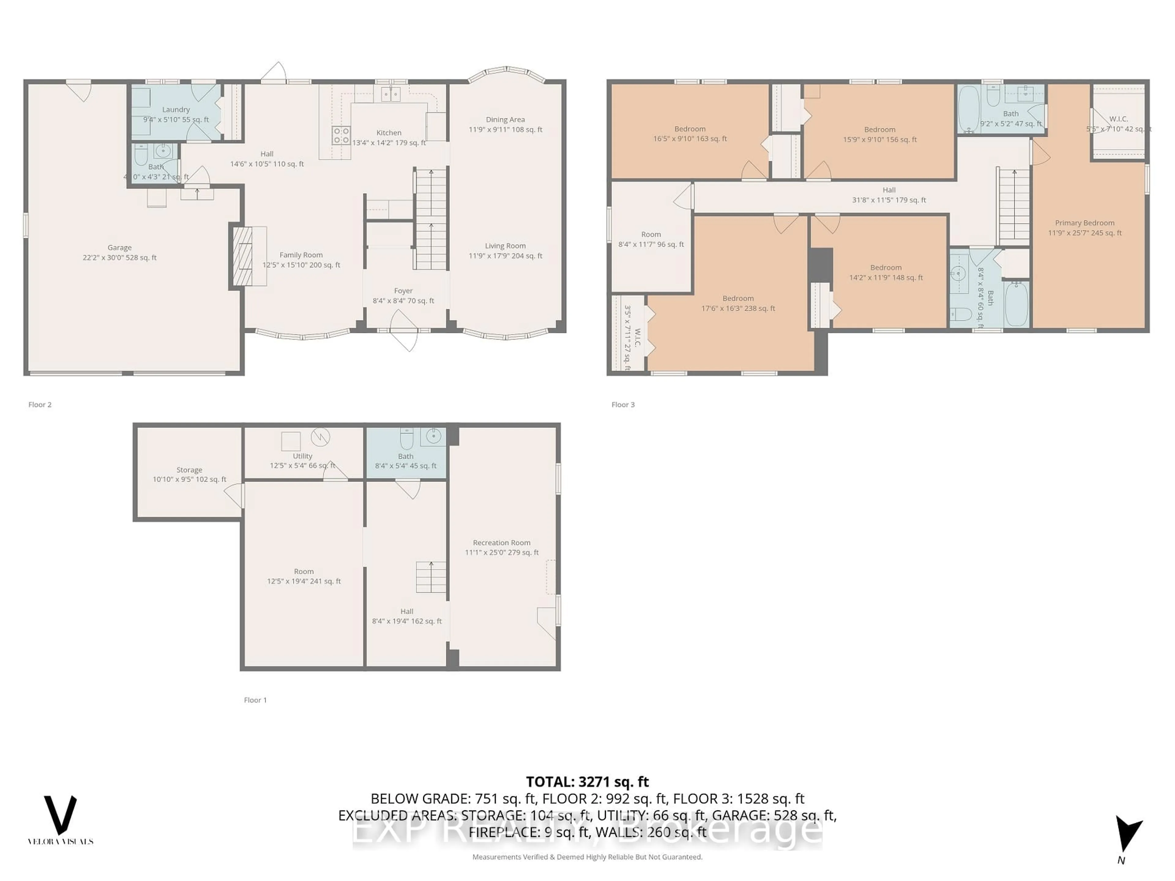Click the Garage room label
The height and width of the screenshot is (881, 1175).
point(120,252)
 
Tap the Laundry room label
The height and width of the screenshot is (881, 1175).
point(176,114)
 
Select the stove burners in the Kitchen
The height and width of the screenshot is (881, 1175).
point(341,136)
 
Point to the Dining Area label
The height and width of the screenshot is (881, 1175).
point(505,124)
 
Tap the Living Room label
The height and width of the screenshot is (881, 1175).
point(505,251)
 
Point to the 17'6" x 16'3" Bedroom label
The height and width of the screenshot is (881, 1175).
point(738,303)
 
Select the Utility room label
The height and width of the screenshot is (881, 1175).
point(302,460)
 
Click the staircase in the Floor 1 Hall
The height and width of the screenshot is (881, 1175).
point(431,577)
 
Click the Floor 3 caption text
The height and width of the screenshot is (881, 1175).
point(623,405)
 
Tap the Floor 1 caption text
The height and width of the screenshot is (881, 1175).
point(255,700)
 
